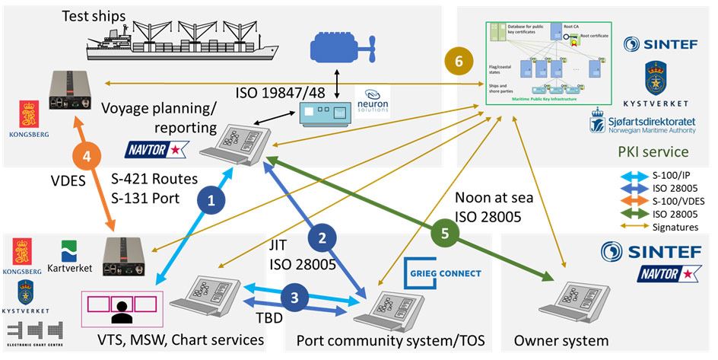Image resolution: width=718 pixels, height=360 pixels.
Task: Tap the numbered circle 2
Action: click(323, 237)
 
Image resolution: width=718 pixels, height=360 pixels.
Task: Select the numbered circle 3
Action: click(297, 298)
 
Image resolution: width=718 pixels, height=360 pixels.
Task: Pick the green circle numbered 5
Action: click(445, 234)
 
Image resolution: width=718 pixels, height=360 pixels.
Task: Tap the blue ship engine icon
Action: click(342, 49)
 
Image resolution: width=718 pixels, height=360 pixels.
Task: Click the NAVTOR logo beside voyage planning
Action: click(157, 148)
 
